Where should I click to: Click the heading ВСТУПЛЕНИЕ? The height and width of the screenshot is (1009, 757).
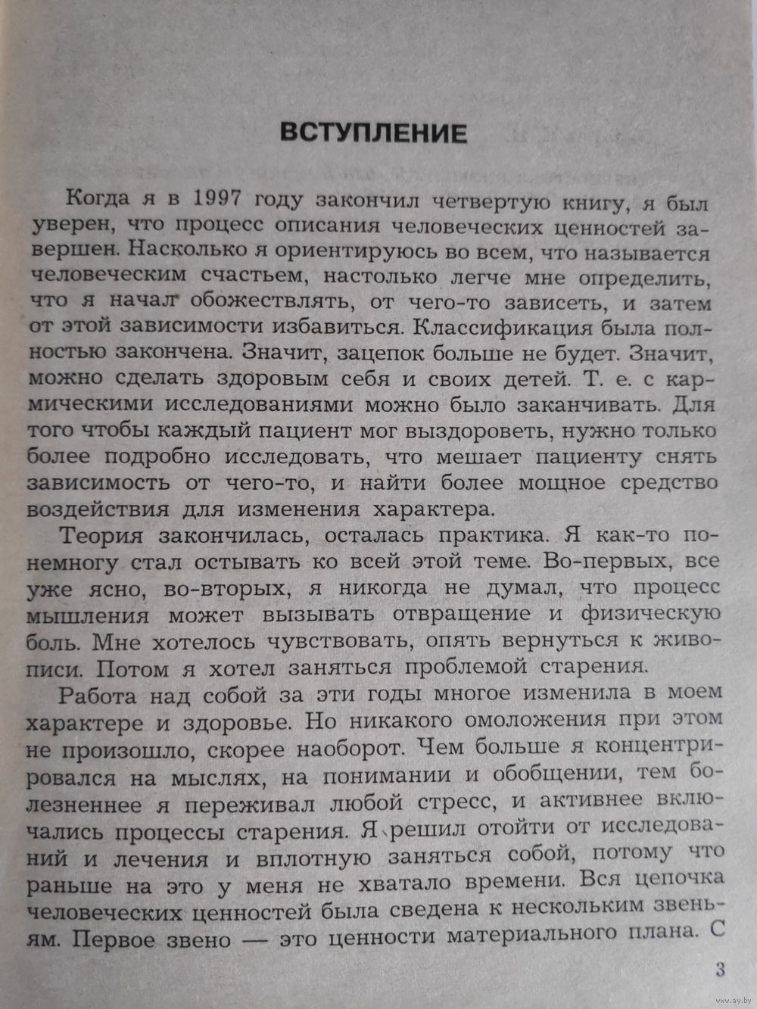[373, 133]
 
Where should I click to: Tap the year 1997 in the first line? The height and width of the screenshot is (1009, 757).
[218, 199]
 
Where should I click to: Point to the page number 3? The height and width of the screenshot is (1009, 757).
[719, 970]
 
